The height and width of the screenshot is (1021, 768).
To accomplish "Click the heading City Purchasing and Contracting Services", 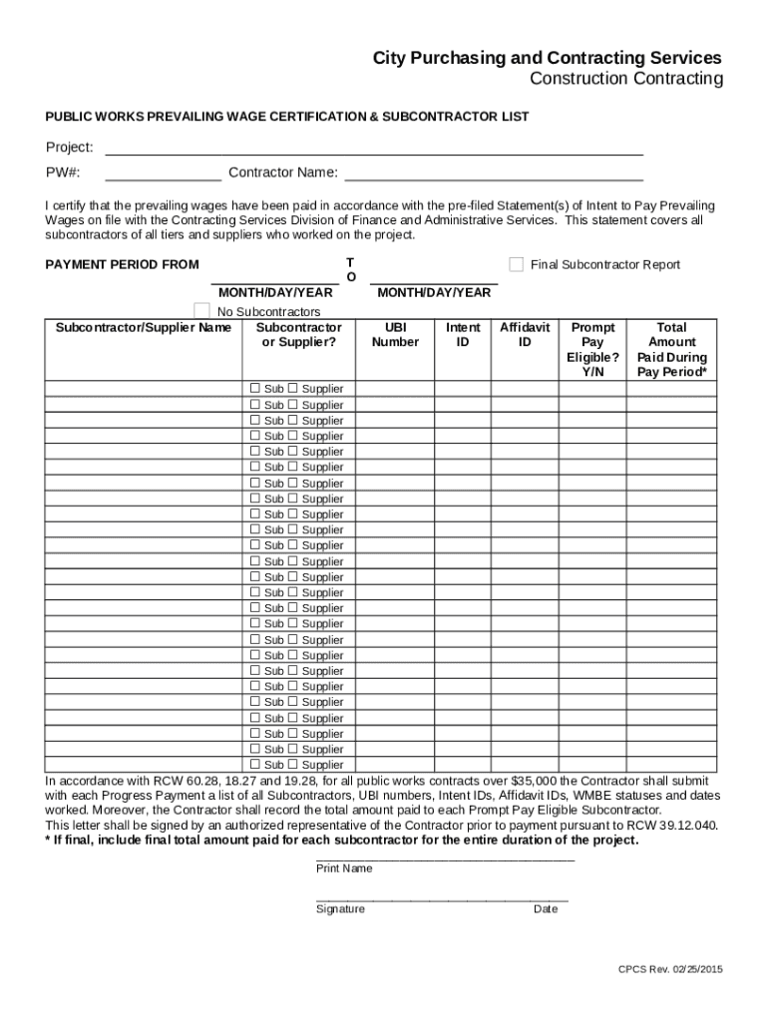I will click(548, 58).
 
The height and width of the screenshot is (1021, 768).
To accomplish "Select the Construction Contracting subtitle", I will click(625, 79).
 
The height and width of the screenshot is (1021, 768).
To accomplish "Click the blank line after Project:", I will click(374, 149).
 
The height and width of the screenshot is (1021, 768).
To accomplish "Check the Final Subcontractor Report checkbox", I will click(516, 264).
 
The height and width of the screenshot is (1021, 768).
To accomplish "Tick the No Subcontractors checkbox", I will click(201, 312).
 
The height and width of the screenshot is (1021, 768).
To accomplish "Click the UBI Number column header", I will click(395, 335).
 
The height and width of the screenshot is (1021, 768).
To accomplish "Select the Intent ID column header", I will click(463, 335).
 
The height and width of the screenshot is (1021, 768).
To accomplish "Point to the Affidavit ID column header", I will click(525, 335).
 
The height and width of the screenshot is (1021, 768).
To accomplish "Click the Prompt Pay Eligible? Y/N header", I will click(592, 349).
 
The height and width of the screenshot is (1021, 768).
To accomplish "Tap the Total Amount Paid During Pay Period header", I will click(671, 349).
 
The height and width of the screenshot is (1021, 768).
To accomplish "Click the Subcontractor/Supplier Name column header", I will click(144, 328).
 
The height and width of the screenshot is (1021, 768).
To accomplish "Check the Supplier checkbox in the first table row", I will click(292, 388).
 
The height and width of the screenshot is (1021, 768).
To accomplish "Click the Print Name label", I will click(344, 868).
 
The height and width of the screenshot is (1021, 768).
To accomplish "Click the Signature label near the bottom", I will click(340, 909).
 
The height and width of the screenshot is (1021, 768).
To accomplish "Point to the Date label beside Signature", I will click(546, 909).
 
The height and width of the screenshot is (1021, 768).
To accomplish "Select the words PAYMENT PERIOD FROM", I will click(122, 265).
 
